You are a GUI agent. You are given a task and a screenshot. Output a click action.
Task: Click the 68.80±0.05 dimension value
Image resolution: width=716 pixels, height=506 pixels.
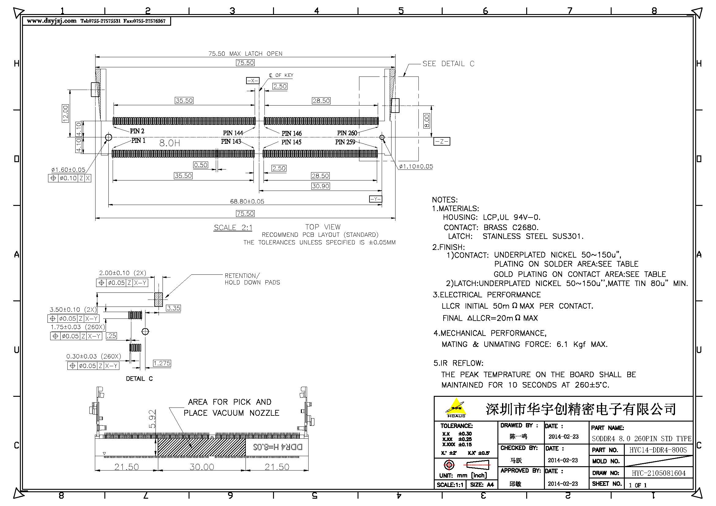pyautogui.click(x=247, y=201)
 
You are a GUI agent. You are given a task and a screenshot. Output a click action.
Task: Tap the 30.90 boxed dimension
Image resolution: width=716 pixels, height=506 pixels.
pyautogui.click(x=320, y=186)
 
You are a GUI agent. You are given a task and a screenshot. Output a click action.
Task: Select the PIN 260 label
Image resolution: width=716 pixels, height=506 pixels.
pyautogui.click(x=347, y=133)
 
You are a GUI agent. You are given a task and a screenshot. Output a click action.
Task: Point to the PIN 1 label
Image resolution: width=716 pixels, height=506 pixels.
pyautogui.click(x=138, y=140)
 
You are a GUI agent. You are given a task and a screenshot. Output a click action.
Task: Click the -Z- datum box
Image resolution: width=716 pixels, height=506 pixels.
pyautogui.click(x=442, y=141)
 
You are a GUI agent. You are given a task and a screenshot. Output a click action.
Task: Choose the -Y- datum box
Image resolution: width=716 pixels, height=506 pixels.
pyautogui.click(x=376, y=199)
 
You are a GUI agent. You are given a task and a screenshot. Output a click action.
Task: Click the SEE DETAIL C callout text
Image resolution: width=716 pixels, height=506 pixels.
pyautogui.click(x=448, y=64)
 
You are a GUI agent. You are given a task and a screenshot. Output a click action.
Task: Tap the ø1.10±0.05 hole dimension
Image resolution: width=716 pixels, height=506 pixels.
pyautogui.click(x=416, y=166)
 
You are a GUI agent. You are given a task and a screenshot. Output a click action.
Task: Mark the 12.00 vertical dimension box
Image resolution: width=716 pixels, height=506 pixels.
pyautogui.click(x=65, y=113)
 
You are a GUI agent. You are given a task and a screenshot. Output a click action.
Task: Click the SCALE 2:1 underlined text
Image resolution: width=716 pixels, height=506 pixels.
pyautogui.click(x=233, y=228)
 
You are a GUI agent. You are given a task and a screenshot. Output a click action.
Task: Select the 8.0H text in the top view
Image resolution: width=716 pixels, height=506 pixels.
pyautogui.click(x=170, y=143)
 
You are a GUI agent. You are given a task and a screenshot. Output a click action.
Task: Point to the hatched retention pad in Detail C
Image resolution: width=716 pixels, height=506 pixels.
pyautogui.click(x=159, y=300)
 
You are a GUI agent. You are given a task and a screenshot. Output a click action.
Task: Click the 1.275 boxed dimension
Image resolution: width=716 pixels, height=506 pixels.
pyautogui.click(x=162, y=363)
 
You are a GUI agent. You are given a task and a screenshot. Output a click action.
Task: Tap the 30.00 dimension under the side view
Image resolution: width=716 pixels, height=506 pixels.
pyautogui.click(x=202, y=467)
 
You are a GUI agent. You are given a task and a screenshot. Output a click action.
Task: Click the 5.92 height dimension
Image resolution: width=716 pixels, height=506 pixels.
pyautogui.click(x=152, y=419)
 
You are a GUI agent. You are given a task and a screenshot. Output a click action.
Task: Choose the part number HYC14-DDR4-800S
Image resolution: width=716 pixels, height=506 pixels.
pyautogui.click(x=658, y=450)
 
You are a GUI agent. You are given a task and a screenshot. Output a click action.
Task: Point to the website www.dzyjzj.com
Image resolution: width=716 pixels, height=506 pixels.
pyautogui.click(x=51, y=21)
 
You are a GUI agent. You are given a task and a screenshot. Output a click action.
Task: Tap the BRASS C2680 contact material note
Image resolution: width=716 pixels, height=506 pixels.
pyautogui.click(x=511, y=227)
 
